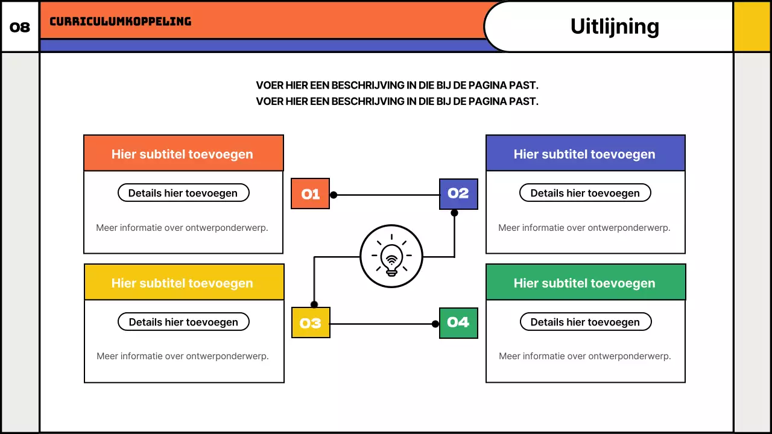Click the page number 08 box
pos(20,27)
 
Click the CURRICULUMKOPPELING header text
pos(120,22)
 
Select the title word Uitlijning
pos(614,27)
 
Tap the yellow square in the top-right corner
pos(752,27)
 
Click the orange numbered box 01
pos(310,194)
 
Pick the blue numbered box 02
pos(458,194)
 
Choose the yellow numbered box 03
pos(311,323)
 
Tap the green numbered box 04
pos(458,323)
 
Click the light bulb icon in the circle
pos(391,256)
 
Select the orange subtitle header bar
pos(183,154)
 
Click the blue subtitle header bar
pos(585,154)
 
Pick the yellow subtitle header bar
pos(183,283)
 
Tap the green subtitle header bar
pos(585,283)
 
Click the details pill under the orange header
pos(183,193)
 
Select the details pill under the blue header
pos(585,193)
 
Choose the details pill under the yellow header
pos(183,322)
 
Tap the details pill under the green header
pos(585,322)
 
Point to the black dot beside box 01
pos(334,195)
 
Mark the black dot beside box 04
pos(435,324)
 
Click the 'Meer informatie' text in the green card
pos(585,356)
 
